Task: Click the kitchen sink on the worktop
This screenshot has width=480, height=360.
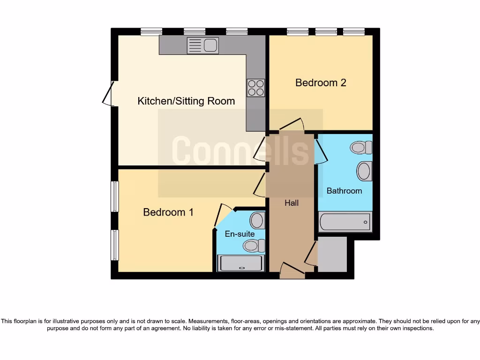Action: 202,45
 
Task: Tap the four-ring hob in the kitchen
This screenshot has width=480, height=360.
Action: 255,87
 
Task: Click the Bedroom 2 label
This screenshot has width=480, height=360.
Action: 321,82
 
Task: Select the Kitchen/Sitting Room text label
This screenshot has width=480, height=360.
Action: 186,101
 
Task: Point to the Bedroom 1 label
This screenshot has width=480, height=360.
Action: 168,212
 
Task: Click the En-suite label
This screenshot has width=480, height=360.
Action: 240,233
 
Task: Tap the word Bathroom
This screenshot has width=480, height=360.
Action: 344,191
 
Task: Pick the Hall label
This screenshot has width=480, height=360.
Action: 291,203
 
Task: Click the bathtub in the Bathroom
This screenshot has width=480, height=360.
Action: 345,222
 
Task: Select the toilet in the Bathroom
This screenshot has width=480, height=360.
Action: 361,148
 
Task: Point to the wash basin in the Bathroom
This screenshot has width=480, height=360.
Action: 364,171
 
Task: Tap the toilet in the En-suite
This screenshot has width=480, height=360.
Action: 254,245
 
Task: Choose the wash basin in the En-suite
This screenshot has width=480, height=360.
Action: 257,219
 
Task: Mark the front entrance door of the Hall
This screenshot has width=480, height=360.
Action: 292,270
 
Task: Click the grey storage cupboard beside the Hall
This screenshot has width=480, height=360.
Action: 332,254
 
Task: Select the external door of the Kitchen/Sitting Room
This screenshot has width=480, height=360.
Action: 108,93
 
